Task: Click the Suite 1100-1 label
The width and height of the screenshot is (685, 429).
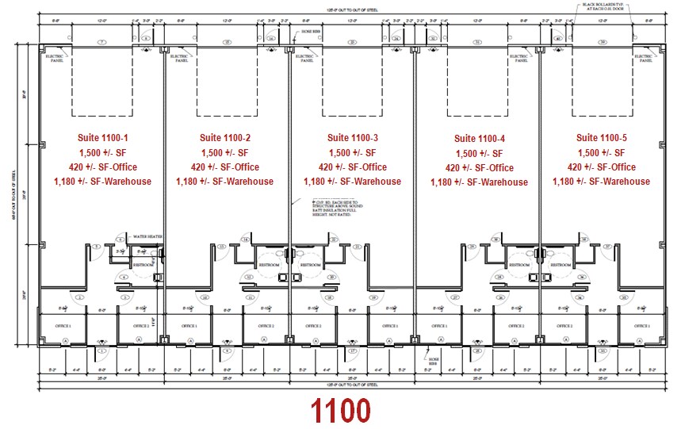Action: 102,137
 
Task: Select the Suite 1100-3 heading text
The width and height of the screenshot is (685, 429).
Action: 353,137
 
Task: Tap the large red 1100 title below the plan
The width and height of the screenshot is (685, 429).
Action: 340,411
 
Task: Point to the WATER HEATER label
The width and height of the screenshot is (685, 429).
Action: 147,237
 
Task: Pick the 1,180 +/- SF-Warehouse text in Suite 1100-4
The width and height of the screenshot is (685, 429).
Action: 479,182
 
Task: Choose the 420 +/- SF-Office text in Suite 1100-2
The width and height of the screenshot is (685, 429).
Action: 224,167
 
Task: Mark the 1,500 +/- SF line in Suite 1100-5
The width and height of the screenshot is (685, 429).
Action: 602,152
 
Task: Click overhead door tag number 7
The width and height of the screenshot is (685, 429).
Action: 101,41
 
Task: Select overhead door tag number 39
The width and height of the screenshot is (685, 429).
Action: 604,41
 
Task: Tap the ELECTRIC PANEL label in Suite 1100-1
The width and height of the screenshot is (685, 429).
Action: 54,57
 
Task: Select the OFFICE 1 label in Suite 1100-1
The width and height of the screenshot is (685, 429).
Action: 63,326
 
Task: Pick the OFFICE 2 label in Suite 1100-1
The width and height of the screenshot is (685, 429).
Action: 137,326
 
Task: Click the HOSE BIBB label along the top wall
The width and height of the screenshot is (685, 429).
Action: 310,34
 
